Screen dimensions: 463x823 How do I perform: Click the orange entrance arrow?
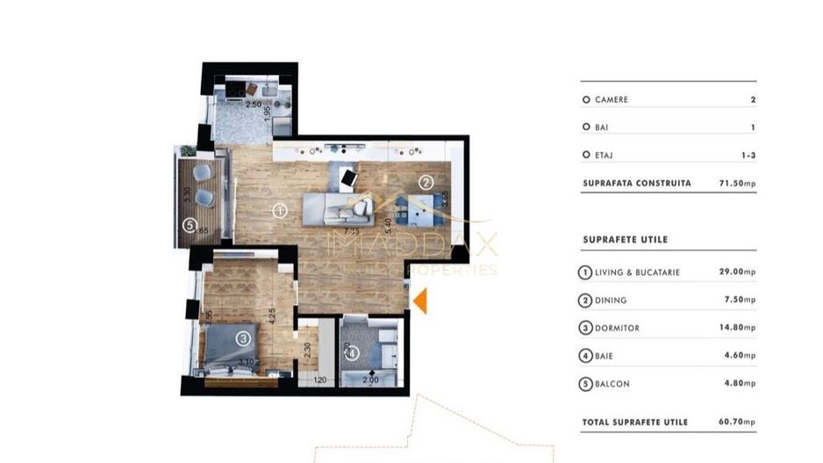420,300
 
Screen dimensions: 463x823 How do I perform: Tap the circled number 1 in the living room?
279,211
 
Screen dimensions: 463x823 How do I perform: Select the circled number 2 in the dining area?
426,183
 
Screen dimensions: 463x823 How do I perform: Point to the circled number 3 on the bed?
243,337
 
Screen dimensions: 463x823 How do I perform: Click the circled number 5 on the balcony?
190,225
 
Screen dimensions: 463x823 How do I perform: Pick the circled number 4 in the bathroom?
351,353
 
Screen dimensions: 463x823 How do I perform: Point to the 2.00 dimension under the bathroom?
371,380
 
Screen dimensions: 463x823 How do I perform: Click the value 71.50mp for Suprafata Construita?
736,184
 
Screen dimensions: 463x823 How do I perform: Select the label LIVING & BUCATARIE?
636,272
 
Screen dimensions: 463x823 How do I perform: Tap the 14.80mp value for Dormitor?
736,328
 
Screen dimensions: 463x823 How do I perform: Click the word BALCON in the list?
612,384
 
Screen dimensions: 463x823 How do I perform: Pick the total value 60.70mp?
736,423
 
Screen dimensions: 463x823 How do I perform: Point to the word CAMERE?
611,100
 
